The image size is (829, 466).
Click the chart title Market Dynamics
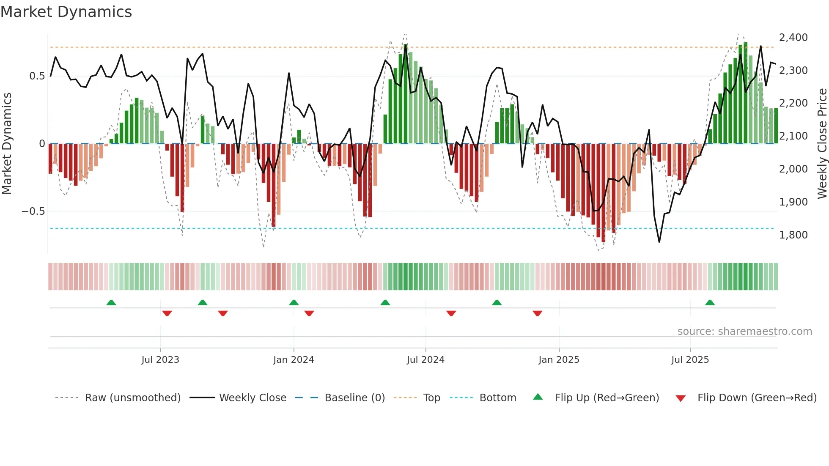click(x=66, y=12)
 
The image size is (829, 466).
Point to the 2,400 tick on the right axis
click(x=793, y=38)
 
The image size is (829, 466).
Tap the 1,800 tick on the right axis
click(x=793, y=235)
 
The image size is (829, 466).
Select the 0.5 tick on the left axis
click(x=37, y=76)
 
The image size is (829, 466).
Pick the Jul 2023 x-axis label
click(x=160, y=360)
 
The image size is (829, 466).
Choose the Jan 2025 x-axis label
click(x=559, y=360)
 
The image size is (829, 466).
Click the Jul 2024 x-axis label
click(x=425, y=360)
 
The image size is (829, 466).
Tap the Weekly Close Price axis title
click(x=822, y=144)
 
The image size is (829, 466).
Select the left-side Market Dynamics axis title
click(x=7, y=144)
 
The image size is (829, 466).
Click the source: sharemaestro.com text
click(x=744, y=332)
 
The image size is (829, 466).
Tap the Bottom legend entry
click(x=497, y=398)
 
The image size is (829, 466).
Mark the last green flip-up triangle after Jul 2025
click(x=710, y=303)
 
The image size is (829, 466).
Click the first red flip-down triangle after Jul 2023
click(x=167, y=313)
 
